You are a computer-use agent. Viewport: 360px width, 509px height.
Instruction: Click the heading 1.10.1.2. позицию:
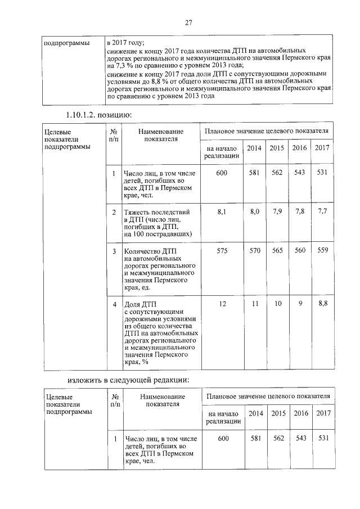click(x=97, y=115)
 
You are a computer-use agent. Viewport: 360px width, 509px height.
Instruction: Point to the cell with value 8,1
click(x=222, y=212)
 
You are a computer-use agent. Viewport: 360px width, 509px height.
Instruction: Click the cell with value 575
click(x=222, y=251)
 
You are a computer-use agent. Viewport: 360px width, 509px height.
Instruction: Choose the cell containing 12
click(x=222, y=304)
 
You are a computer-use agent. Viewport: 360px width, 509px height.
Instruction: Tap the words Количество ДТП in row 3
click(x=150, y=251)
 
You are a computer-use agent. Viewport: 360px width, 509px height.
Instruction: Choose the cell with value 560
click(x=300, y=251)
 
